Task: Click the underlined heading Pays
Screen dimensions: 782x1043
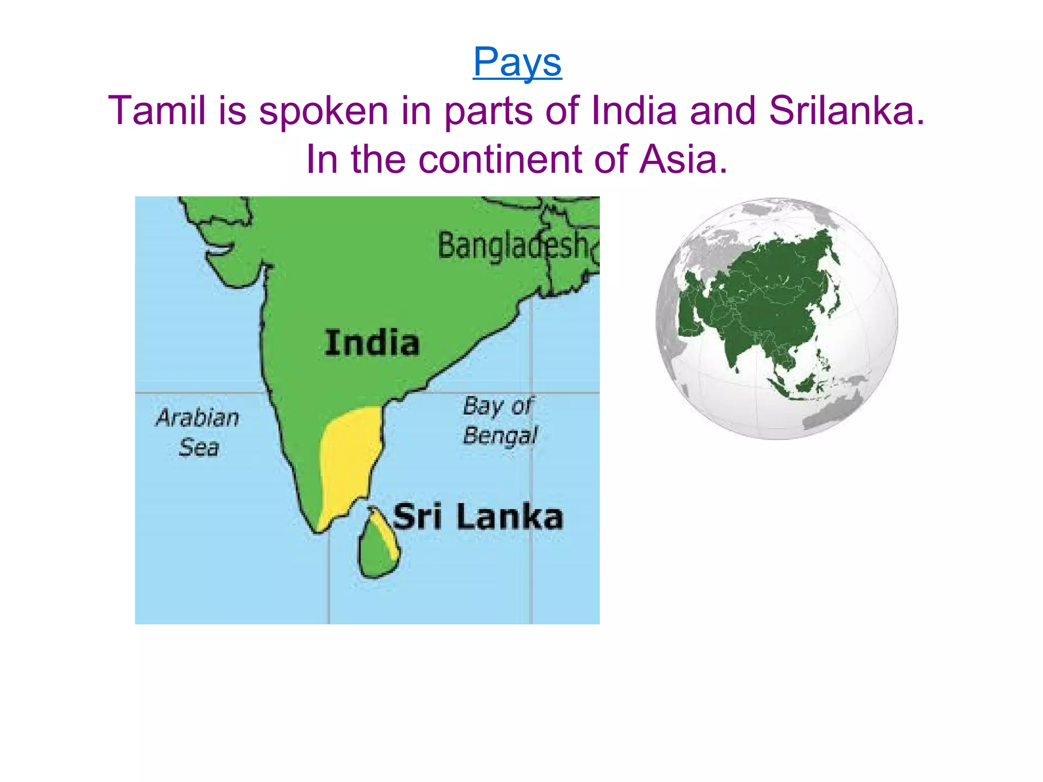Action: (517, 62)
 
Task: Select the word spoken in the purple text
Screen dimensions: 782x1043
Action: (323, 110)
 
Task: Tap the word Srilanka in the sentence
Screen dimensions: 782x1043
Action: (846, 110)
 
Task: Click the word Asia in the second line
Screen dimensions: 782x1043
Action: (682, 159)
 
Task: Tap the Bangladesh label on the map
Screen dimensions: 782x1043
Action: (513, 246)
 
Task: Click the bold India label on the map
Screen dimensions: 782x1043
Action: (372, 343)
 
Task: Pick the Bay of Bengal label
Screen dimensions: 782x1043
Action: (499, 421)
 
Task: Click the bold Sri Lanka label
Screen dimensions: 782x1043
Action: (478, 517)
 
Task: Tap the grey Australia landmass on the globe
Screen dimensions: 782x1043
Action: (830, 412)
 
